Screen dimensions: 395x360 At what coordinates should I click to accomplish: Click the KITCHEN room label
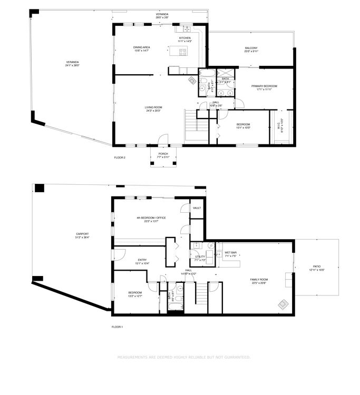[x=184, y=38]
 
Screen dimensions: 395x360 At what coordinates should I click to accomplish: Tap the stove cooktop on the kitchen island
[x=183, y=52]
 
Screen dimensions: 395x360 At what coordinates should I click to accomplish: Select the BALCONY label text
[x=251, y=48]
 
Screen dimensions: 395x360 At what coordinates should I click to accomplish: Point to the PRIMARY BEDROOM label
[x=264, y=86]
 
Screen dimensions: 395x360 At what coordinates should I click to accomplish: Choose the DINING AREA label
[x=142, y=47]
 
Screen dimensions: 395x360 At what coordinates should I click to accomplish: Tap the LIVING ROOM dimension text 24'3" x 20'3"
[x=153, y=111]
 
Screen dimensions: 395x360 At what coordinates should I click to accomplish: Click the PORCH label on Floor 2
[x=163, y=154]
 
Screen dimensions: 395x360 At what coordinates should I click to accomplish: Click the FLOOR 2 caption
[x=120, y=157]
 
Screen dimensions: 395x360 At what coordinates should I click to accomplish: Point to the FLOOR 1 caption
[x=117, y=327]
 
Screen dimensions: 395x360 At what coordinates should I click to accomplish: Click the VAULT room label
[x=197, y=208]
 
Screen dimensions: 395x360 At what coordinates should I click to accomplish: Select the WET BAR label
[x=231, y=253]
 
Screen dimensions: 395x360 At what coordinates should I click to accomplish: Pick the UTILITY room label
[x=200, y=256]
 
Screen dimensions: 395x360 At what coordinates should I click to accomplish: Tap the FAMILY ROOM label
[x=259, y=280]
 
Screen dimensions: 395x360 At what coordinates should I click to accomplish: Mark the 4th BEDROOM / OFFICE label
[x=148, y=218]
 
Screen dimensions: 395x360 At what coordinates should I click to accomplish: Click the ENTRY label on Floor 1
[x=142, y=260]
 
